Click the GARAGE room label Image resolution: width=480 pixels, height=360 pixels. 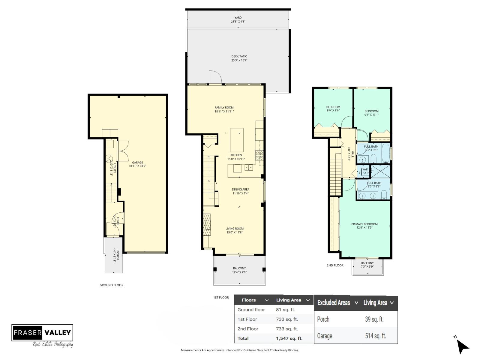pos(137,164)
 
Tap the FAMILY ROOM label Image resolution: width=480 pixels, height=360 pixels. pos(224,109)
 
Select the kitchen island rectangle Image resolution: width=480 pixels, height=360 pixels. pos(237,140)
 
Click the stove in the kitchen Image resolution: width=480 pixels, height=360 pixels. pos(259,154)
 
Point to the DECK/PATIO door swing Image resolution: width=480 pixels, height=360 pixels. pos(214,77)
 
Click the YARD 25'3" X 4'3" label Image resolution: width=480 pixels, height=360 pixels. pos(238,20)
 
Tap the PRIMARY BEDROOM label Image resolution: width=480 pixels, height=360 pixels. pos(364,226)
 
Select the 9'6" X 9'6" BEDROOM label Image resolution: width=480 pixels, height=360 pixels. pos(333,109)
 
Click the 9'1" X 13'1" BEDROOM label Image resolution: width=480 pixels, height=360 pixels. pos(371,113)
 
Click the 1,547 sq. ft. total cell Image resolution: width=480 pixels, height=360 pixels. pos(289,338)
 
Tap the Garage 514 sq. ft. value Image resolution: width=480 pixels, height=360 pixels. pos(375,336)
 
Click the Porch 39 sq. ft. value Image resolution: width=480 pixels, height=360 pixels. pos(374,319)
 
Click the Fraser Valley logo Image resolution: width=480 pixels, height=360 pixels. pos(42,333)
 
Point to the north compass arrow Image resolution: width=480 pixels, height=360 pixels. pos(463,347)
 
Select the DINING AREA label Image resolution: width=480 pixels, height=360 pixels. pos(241,191)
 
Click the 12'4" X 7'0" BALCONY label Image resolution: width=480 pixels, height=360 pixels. pos(239,270)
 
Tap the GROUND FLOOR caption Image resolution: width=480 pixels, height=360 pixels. pos(111,285)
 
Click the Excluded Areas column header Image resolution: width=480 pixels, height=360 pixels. pos(334,303)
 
